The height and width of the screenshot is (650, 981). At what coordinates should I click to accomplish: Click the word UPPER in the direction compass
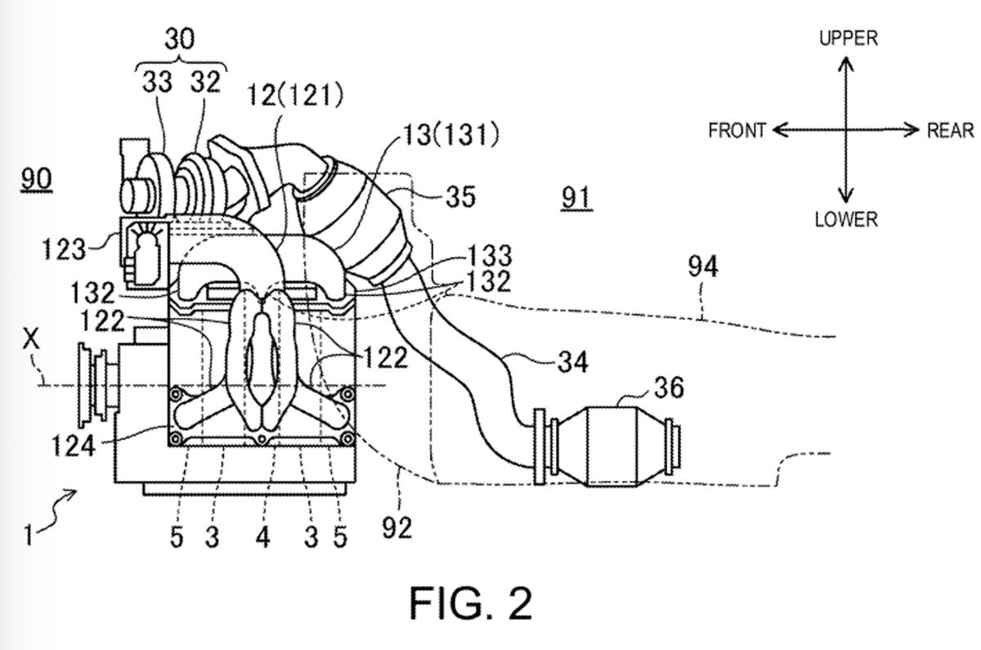[x=849, y=38]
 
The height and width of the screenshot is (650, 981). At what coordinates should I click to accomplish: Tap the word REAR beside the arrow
[x=950, y=131]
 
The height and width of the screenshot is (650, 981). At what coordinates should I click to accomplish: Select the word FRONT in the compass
[x=737, y=131]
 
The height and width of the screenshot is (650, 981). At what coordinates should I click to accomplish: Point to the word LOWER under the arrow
[x=846, y=219]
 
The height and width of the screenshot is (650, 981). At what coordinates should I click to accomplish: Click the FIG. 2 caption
[x=471, y=603]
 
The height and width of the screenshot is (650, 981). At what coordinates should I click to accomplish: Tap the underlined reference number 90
[x=36, y=180]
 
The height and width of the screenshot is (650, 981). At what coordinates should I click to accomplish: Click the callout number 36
[x=669, y=388]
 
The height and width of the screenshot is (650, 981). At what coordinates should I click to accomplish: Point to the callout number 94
[x=703, y=267]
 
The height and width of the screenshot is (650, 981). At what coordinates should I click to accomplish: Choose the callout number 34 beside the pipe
[x=573, y=361]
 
